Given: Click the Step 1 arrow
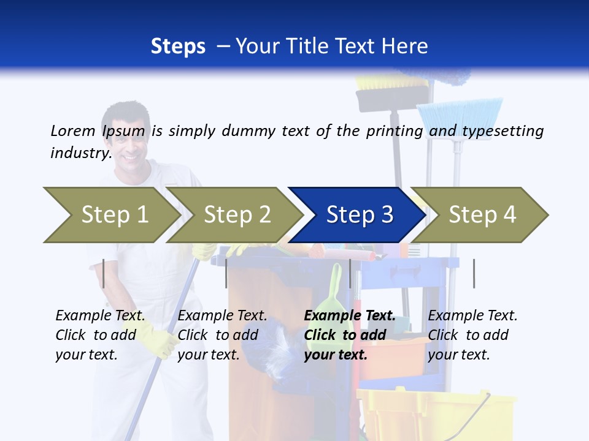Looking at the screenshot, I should point(110,215).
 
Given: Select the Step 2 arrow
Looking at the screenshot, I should point(236,215).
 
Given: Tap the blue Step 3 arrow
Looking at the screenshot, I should point(359,215).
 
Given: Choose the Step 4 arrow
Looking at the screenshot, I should point(482,215).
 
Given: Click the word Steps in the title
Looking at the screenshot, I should point(178,47).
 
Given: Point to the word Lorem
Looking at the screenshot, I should point(72,131).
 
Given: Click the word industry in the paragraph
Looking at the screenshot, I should point(80,153).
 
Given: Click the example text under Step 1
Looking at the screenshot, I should point(100,334).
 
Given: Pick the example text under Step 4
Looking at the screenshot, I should point(472,334).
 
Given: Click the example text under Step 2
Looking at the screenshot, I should point(222,334).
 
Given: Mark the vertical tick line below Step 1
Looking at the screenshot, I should point(104,273).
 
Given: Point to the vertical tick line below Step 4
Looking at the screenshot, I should point(474,273).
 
